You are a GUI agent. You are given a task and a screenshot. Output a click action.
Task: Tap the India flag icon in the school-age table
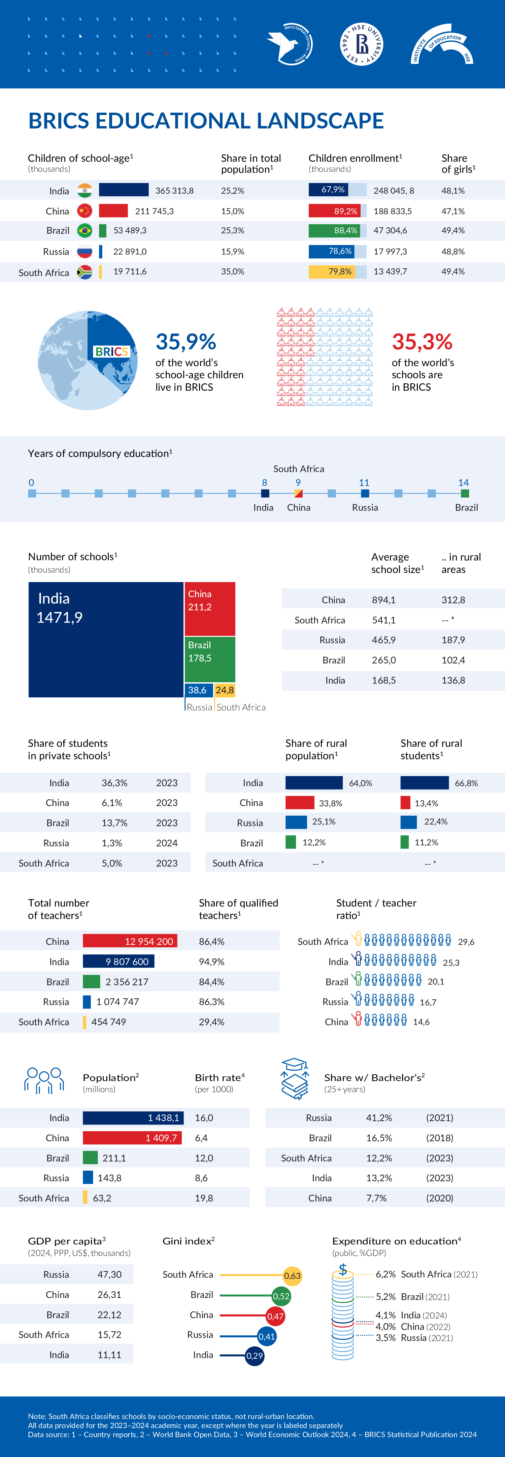(85, 191)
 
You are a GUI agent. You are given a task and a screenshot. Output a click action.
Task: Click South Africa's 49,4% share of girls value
(453, 271)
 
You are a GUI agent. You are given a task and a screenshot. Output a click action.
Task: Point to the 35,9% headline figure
(186, 342)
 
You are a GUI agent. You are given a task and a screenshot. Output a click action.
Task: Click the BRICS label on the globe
(111, 352)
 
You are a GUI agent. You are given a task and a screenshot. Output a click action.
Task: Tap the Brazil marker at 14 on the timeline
(465, 493)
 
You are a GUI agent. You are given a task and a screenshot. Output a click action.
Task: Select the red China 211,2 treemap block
(209, 609)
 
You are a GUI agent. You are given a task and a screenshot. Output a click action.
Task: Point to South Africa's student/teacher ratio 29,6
(466, 942)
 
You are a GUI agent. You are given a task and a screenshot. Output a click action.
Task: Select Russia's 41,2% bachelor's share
(379, 1118)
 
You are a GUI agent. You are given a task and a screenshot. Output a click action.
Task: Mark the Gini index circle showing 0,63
(292, 1275)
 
